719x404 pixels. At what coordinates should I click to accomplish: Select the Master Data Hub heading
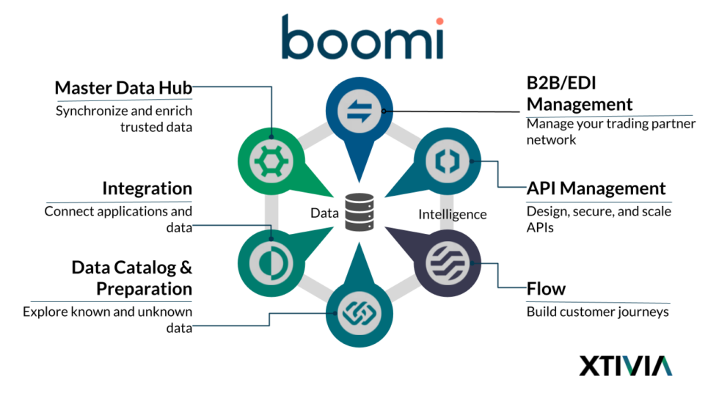(123, 89)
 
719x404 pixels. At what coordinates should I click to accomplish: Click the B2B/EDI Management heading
(579, 93)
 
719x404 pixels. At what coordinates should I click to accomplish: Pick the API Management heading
(596, 188)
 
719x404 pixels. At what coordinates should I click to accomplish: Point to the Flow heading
(546, 289)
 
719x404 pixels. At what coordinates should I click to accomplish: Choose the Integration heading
(147, 188)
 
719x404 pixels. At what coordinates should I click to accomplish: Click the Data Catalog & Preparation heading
(131, 278)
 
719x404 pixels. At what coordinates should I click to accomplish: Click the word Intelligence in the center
(452, 214)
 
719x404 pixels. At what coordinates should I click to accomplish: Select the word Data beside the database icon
(324, 214)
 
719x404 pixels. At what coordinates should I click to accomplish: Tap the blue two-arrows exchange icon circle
(359, 111)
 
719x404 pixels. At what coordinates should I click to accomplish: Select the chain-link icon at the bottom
(359, 313)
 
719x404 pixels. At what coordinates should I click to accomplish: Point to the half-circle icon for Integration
(271, 263)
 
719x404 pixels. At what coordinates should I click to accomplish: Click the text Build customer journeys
(597, 312)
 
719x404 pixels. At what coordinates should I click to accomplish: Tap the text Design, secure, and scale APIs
(599, 219)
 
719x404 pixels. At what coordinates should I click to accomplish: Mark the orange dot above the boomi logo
(439, 21)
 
